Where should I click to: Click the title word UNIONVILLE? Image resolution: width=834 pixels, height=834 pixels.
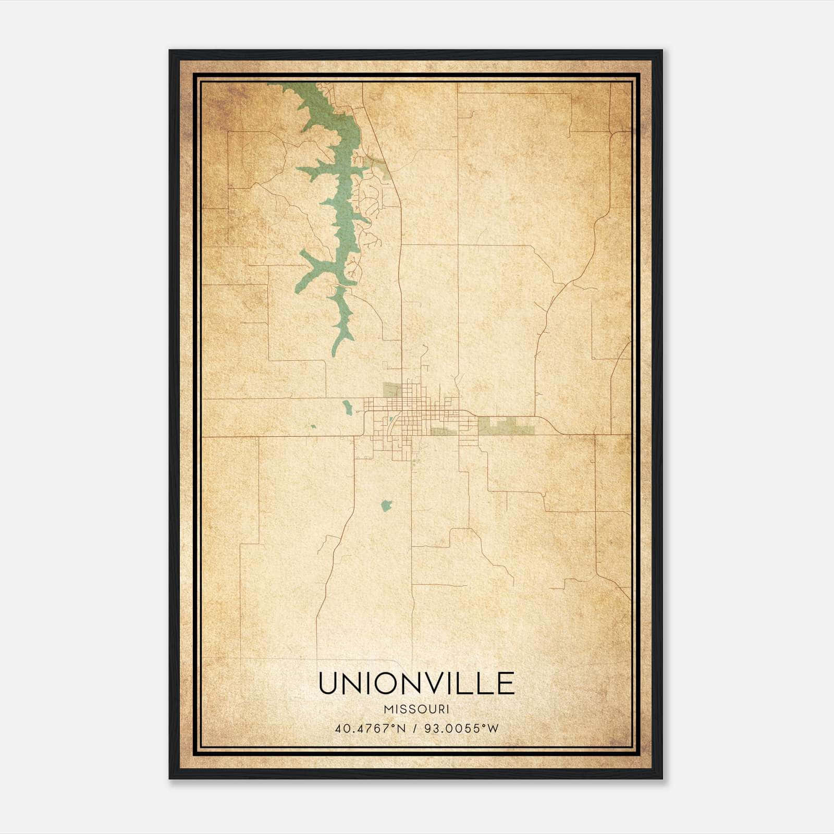416,684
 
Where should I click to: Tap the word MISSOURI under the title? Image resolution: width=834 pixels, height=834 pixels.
416,709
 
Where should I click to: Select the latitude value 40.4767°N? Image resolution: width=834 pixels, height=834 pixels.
370,728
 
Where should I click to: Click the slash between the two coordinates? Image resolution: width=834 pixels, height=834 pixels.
415,728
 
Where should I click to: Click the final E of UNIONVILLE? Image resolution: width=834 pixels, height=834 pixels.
506,684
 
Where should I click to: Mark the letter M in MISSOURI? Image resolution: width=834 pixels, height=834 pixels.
388,709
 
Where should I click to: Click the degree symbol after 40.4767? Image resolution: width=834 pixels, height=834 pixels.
398,725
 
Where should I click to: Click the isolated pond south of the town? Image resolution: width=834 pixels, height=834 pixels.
386,505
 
